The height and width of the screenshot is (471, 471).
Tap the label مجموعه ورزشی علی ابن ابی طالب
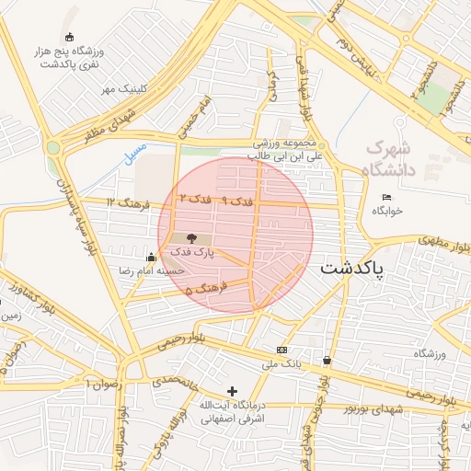point(288,151)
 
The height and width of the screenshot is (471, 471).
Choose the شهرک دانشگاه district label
point(390,158)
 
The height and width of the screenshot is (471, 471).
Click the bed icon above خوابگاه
point(386,197)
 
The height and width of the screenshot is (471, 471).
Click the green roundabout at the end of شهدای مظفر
point(53,147)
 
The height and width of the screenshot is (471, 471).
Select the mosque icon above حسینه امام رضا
point(151,257)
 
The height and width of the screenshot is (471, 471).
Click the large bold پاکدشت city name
point(367,270)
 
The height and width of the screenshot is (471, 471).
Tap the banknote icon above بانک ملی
point(281,350)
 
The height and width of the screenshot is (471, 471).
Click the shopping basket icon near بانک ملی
point(327,361)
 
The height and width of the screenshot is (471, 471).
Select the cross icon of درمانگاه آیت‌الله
point(232,392)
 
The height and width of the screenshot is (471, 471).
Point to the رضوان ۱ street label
point(103,382)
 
